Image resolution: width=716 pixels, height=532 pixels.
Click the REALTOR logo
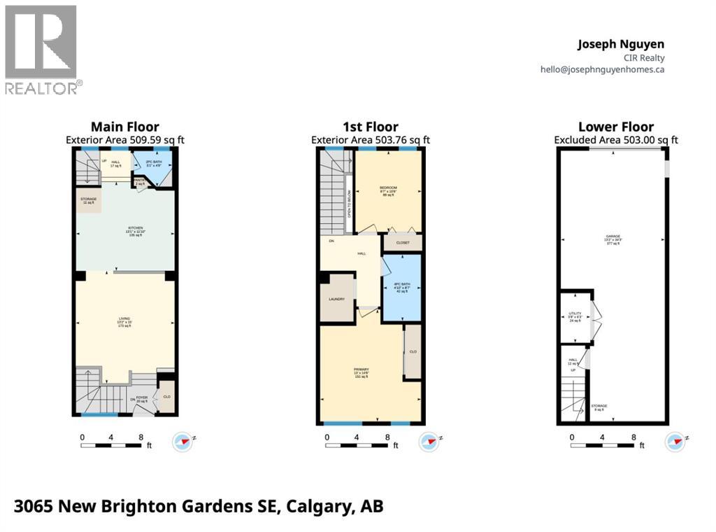[x=41, y=49]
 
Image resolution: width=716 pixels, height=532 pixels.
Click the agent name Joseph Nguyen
[x=621, y=44]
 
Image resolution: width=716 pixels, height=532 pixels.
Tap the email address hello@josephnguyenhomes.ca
[x=602, y=69]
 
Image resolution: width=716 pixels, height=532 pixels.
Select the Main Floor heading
[x=126, y=127]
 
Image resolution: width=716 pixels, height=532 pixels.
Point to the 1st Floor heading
[x=370, y=127]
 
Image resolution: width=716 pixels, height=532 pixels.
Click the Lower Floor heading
[x=616, y=127]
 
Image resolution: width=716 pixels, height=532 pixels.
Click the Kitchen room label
[x=124, y=230]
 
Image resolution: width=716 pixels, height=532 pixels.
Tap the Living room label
[x=124, y=323]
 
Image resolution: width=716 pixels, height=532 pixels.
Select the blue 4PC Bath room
[x=402, y=287]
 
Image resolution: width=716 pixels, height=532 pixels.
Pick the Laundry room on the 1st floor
[x=336, y=299]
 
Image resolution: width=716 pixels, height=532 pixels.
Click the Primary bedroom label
[x=361, y=372]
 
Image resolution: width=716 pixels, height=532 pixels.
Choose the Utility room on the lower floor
[x=575, y=316]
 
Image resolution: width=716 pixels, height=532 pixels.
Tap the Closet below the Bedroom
[x=403, y=242]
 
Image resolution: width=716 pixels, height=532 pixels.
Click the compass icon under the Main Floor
[x=182, y=442]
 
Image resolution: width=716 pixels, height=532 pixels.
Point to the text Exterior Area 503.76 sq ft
[x=370, y=140]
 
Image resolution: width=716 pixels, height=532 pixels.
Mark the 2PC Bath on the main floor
[x=154, y=167]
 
